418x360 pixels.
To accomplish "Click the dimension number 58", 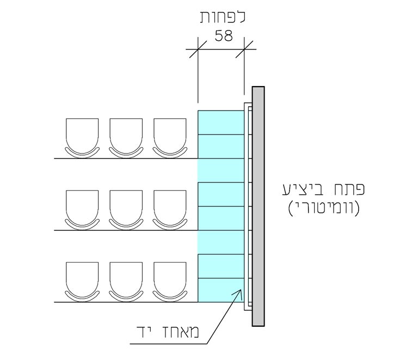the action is coord(224,36).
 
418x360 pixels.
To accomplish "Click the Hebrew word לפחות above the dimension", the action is coord(223,17).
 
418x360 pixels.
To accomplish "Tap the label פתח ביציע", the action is coord(323,189).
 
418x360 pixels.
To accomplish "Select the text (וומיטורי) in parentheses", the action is coord(324,208).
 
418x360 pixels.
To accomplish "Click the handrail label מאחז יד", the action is coord(168,332).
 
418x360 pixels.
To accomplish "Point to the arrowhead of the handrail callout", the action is coord(241,290).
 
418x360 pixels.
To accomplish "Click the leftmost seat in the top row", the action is coord(82,138).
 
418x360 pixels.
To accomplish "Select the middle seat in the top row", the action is coord(126,138).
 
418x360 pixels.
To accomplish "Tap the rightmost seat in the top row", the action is coord(170,138).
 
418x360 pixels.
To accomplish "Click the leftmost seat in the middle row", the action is coord(82,210).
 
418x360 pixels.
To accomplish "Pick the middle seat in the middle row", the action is coord(126,210).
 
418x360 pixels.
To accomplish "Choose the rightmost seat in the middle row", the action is coord(170,210).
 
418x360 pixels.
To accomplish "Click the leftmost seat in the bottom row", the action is coord(82,282).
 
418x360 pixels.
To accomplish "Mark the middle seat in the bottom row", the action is coord(126,282).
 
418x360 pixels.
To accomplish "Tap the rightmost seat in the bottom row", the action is coord(170,282).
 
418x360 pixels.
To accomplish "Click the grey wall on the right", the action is coord(259,206).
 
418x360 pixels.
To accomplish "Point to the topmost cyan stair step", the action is coord(221,123).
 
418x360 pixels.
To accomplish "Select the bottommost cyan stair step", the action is coord(221,290).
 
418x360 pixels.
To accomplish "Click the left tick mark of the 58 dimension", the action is coord(198,50).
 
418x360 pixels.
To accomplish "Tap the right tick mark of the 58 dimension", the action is coord(244,50).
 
